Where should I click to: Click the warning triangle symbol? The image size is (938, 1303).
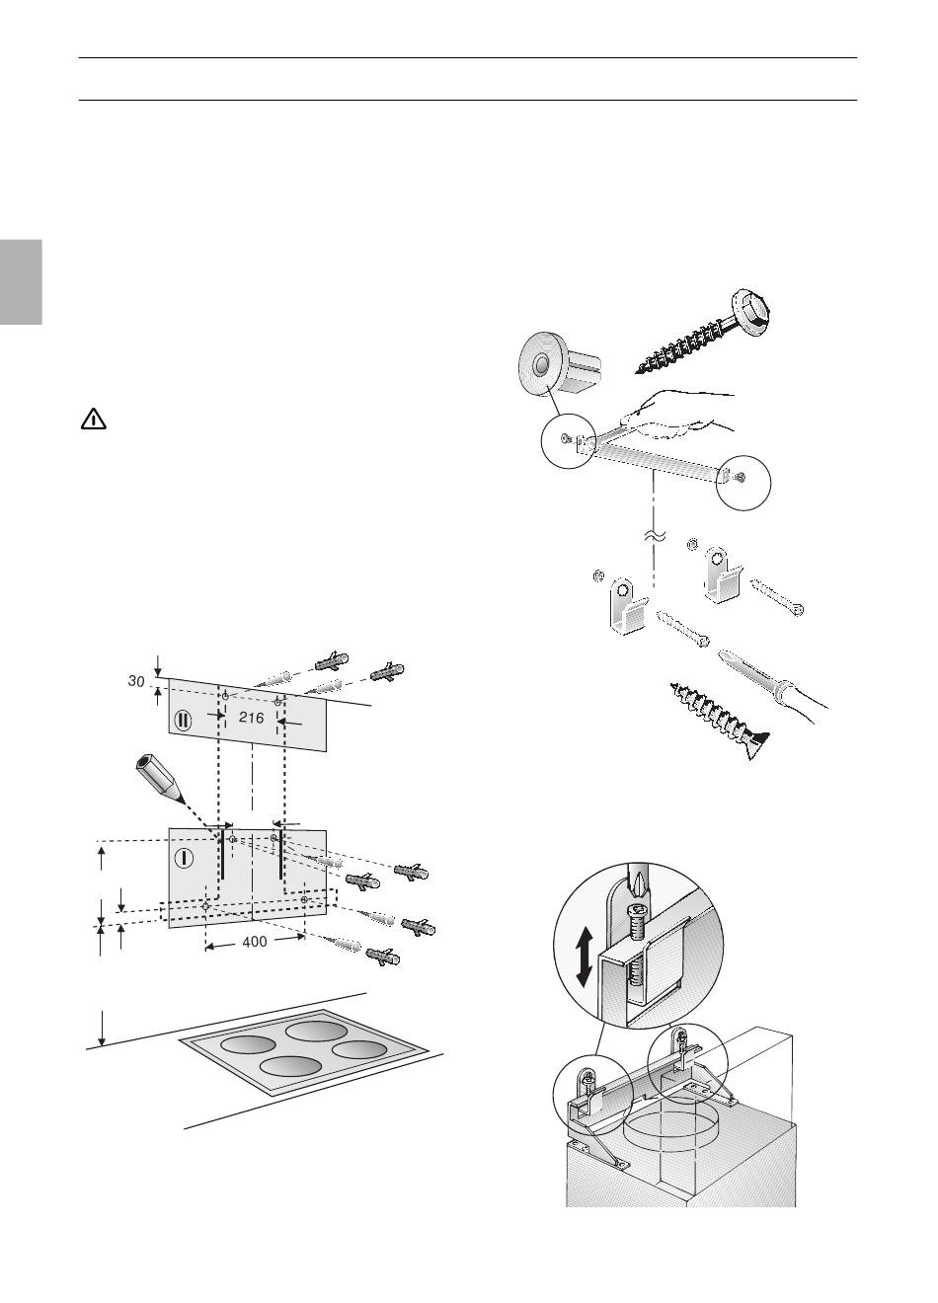pyautogui.click(x=93, y=420)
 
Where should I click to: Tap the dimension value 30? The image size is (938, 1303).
pyautogui.click(x=136, y=680)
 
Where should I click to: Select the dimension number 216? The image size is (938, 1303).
pyautogui.click(x=252, y=718)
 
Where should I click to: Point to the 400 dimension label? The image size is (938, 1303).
pyautogui.click(x=255, y=941)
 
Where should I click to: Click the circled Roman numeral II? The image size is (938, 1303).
pyautogui.click(x=183, y=721)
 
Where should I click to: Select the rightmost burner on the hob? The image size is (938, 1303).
pyautogui.click(x=359, y=1048)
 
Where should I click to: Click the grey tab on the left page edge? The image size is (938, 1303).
pyautogui.click(x=21, y=281)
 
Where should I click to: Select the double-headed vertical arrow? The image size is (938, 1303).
pyautogui.click(x=585, y=956)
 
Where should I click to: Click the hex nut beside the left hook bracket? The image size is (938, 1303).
pyautogui.click(x=596, y=576)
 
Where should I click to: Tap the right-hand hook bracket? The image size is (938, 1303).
pyautogui.click(x=723, y=575)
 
